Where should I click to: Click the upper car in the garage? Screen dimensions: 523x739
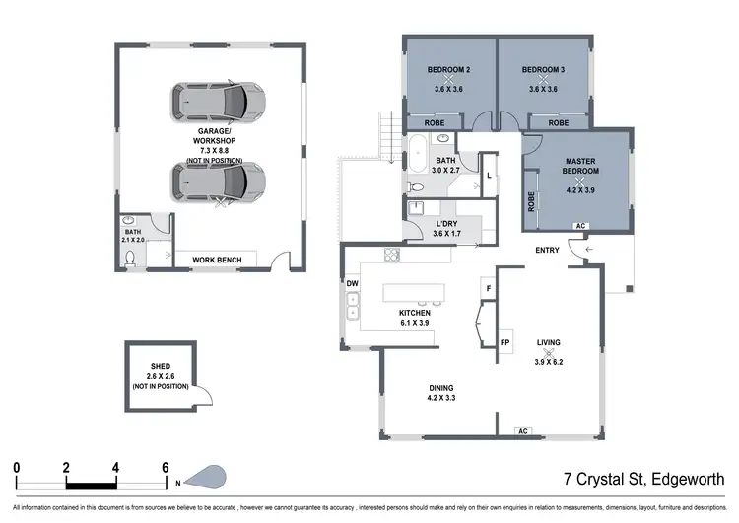click(219, 100)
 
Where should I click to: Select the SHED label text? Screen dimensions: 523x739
click(160, 365)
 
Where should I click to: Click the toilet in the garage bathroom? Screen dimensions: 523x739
click(129, 258)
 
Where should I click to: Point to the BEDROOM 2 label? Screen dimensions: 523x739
click(449, 70)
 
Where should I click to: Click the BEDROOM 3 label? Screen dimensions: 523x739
click(544, 70)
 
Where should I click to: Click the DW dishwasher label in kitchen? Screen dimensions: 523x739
click(352, 283)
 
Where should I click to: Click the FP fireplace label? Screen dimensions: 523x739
click(504, 342)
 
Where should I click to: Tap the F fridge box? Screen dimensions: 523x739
click(488, 287)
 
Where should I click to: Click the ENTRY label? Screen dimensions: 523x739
click(548, 250)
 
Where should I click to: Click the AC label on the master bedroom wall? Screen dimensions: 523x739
click(580, 226)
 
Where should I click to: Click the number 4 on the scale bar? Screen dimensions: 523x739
click(116, 466)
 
